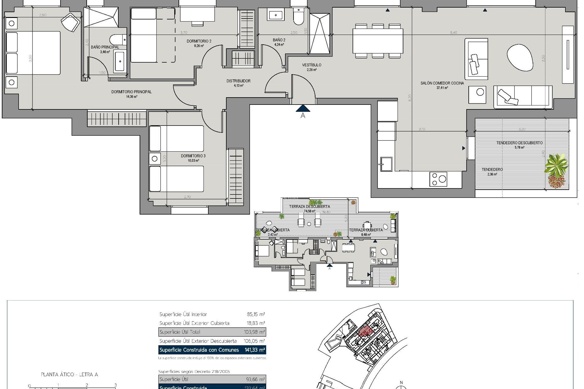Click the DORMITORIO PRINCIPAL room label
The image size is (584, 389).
131,92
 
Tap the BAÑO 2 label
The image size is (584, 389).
279,40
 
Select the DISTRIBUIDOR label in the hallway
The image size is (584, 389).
238,81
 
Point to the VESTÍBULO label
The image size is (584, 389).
312,65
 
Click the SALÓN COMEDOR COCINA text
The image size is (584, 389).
442,83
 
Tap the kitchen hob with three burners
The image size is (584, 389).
438,179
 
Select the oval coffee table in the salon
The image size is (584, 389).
520,57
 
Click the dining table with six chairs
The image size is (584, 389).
378,41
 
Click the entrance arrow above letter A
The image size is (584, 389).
303,108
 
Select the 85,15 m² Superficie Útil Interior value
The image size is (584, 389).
256,314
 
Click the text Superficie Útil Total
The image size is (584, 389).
180,332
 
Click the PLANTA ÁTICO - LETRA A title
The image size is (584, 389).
69,374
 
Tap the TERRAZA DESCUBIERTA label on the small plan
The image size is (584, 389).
309,206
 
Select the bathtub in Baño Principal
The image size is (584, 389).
120,62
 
